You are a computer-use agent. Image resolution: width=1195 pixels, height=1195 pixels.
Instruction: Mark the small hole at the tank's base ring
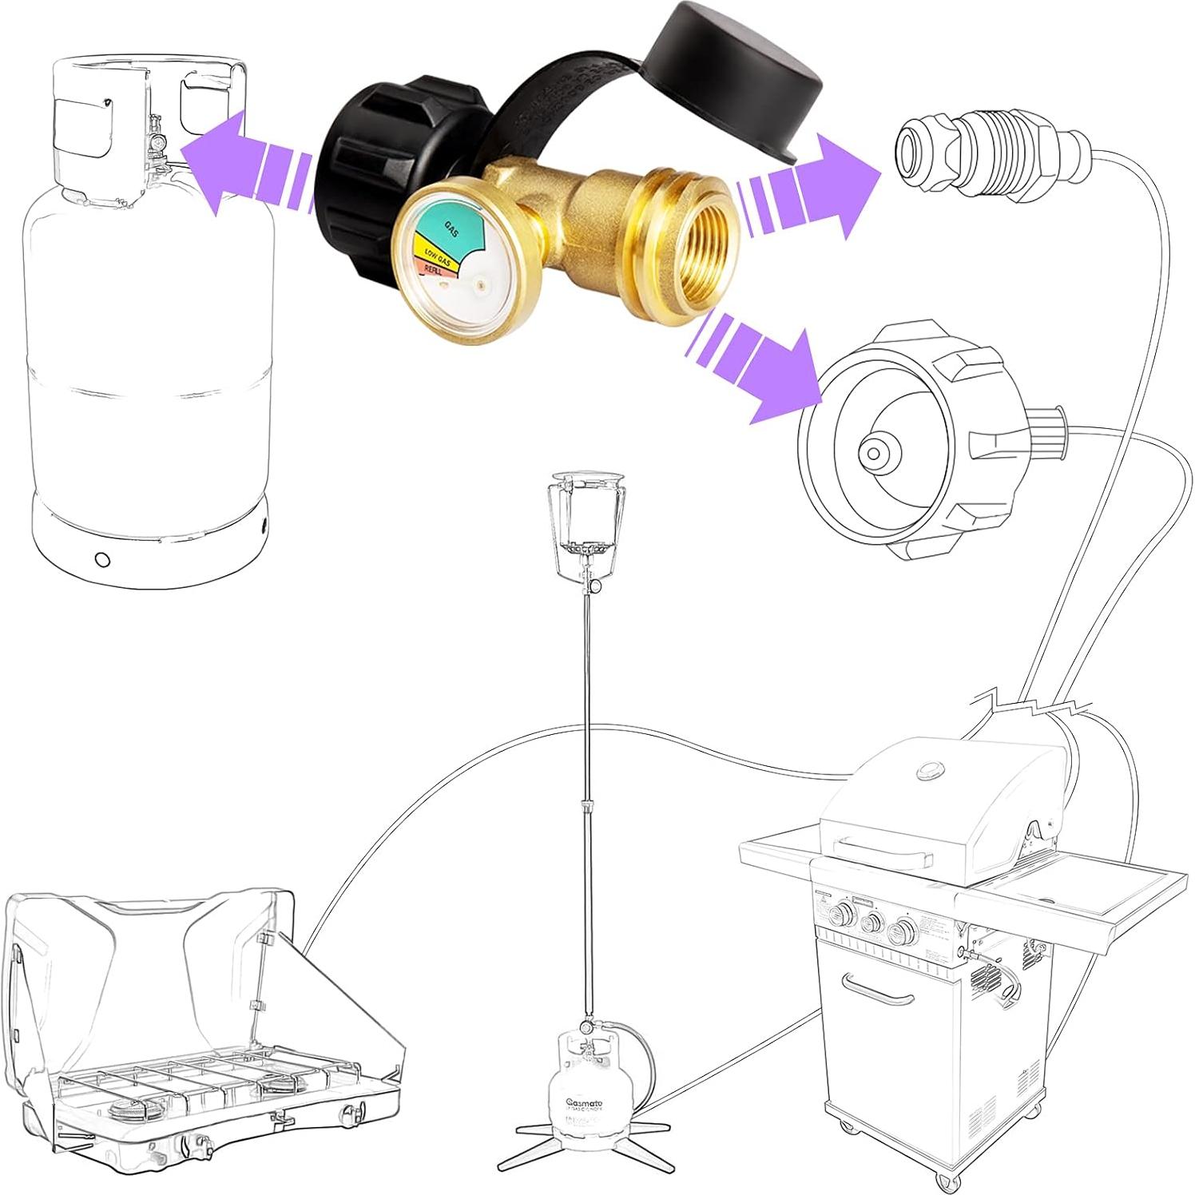(101, 558)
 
